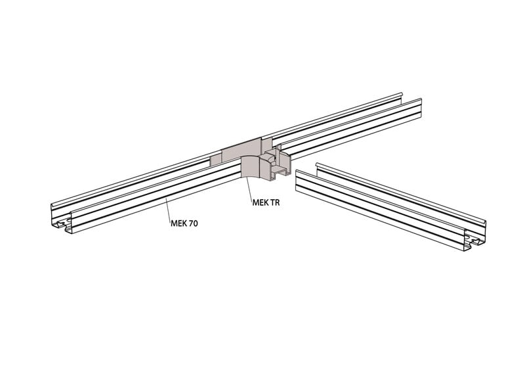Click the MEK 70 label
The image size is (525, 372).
[x=184, y=223]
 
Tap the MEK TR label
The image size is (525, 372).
[x=266, y=203]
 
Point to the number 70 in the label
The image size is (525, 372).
[x=192, y=223]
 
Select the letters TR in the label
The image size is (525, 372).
[x=274, y=203]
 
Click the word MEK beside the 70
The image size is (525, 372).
[x=178, y=223]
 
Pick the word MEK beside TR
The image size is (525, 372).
[x=260, y=203]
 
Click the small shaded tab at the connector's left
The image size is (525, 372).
[x=215, y=161]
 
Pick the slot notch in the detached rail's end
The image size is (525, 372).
[x=472, y=244]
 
